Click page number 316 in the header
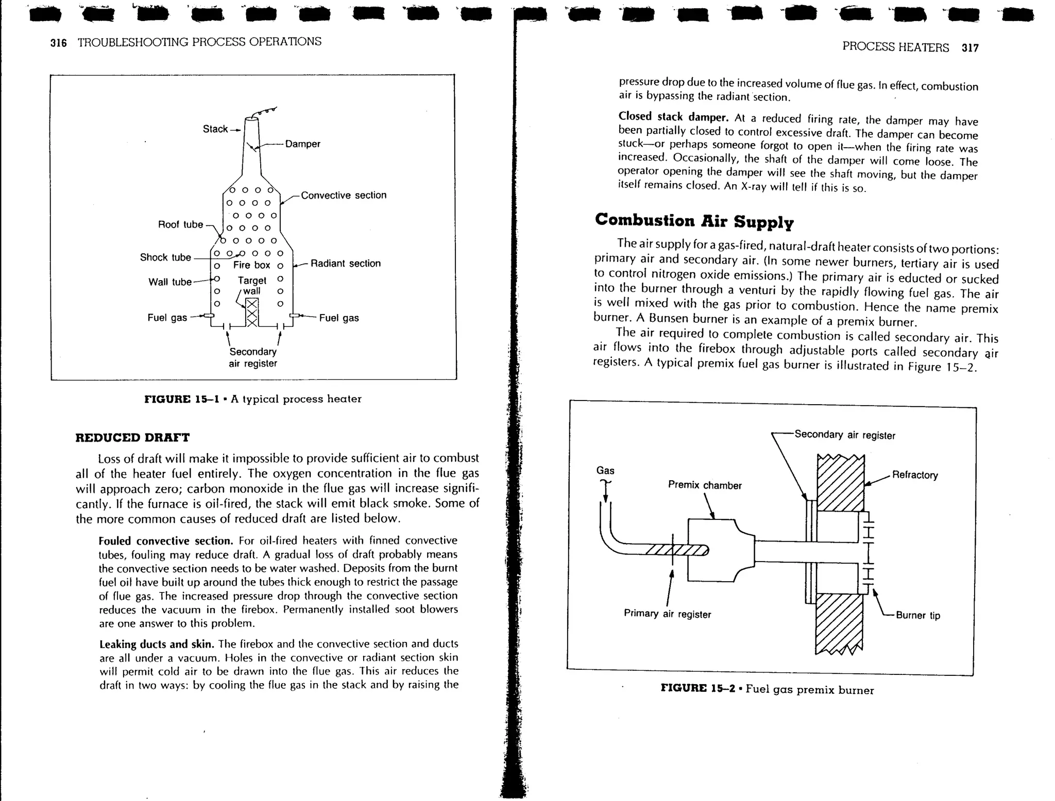tap(58, 43)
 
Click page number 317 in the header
tap(969, 48)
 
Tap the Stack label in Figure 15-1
tap(215, 129)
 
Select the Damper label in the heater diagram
tap(302, 144)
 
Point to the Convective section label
tap(343, 196)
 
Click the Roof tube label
tap(180, 224)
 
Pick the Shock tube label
tap(165, 257)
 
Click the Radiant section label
tap(345, 264)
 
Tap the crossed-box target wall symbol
tap(251, 312)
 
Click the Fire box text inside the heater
tap(251, 265)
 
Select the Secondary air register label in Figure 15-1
tap(252, 358)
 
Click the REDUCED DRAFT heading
tap(132, 438)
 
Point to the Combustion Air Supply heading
tap(694, 221)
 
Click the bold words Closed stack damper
tap(673, 117)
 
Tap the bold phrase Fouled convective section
tap(166, 541)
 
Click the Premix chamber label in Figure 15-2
tap(704, 485)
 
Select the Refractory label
tap(914, 475)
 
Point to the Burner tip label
tap(917, 616)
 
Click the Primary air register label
tap(667, 614)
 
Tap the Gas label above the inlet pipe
tap(605, 471)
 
